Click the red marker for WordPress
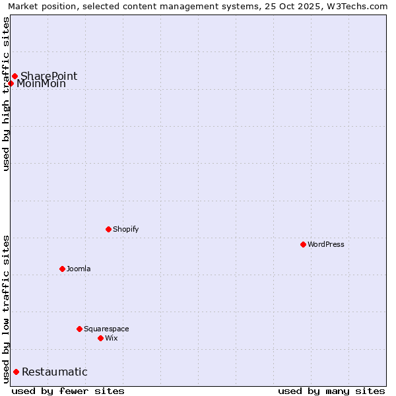pyautogui.click(x=303, y=244)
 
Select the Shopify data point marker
pyautogui.click(x=109, y=229)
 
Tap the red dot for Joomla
pyautogui.click(x=62, y=269)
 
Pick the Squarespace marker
pyautogui.click(x=79, y=329)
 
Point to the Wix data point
pyautogui.click(x=100, y=338)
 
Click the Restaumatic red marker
pyautogui.click(x=16, y=372)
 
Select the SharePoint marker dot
pyautogui.click(x=15, y=76)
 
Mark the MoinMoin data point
pyautogui.click(x=11, y=83)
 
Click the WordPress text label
pyautogui.click(x=326, y=244)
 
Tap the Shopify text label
pyautogui.click(x=126, y=229)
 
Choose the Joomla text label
pyautogui.click(x=79, y=269)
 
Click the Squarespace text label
pyautogui.click(x=106, y=329)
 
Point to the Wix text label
pyautogui.click(x=112, y=338)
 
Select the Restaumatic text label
pyautogui.click(x=55, y=372)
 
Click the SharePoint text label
pyautogui.click(x=49, y=76)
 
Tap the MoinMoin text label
pyautogui.click(x=42, y=84)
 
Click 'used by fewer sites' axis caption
pyautogui.click(x=68, y=391)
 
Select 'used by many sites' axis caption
pyautogui.click(x=331, y=391)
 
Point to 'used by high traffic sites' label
pyautogui.click(x=6, y=94)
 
